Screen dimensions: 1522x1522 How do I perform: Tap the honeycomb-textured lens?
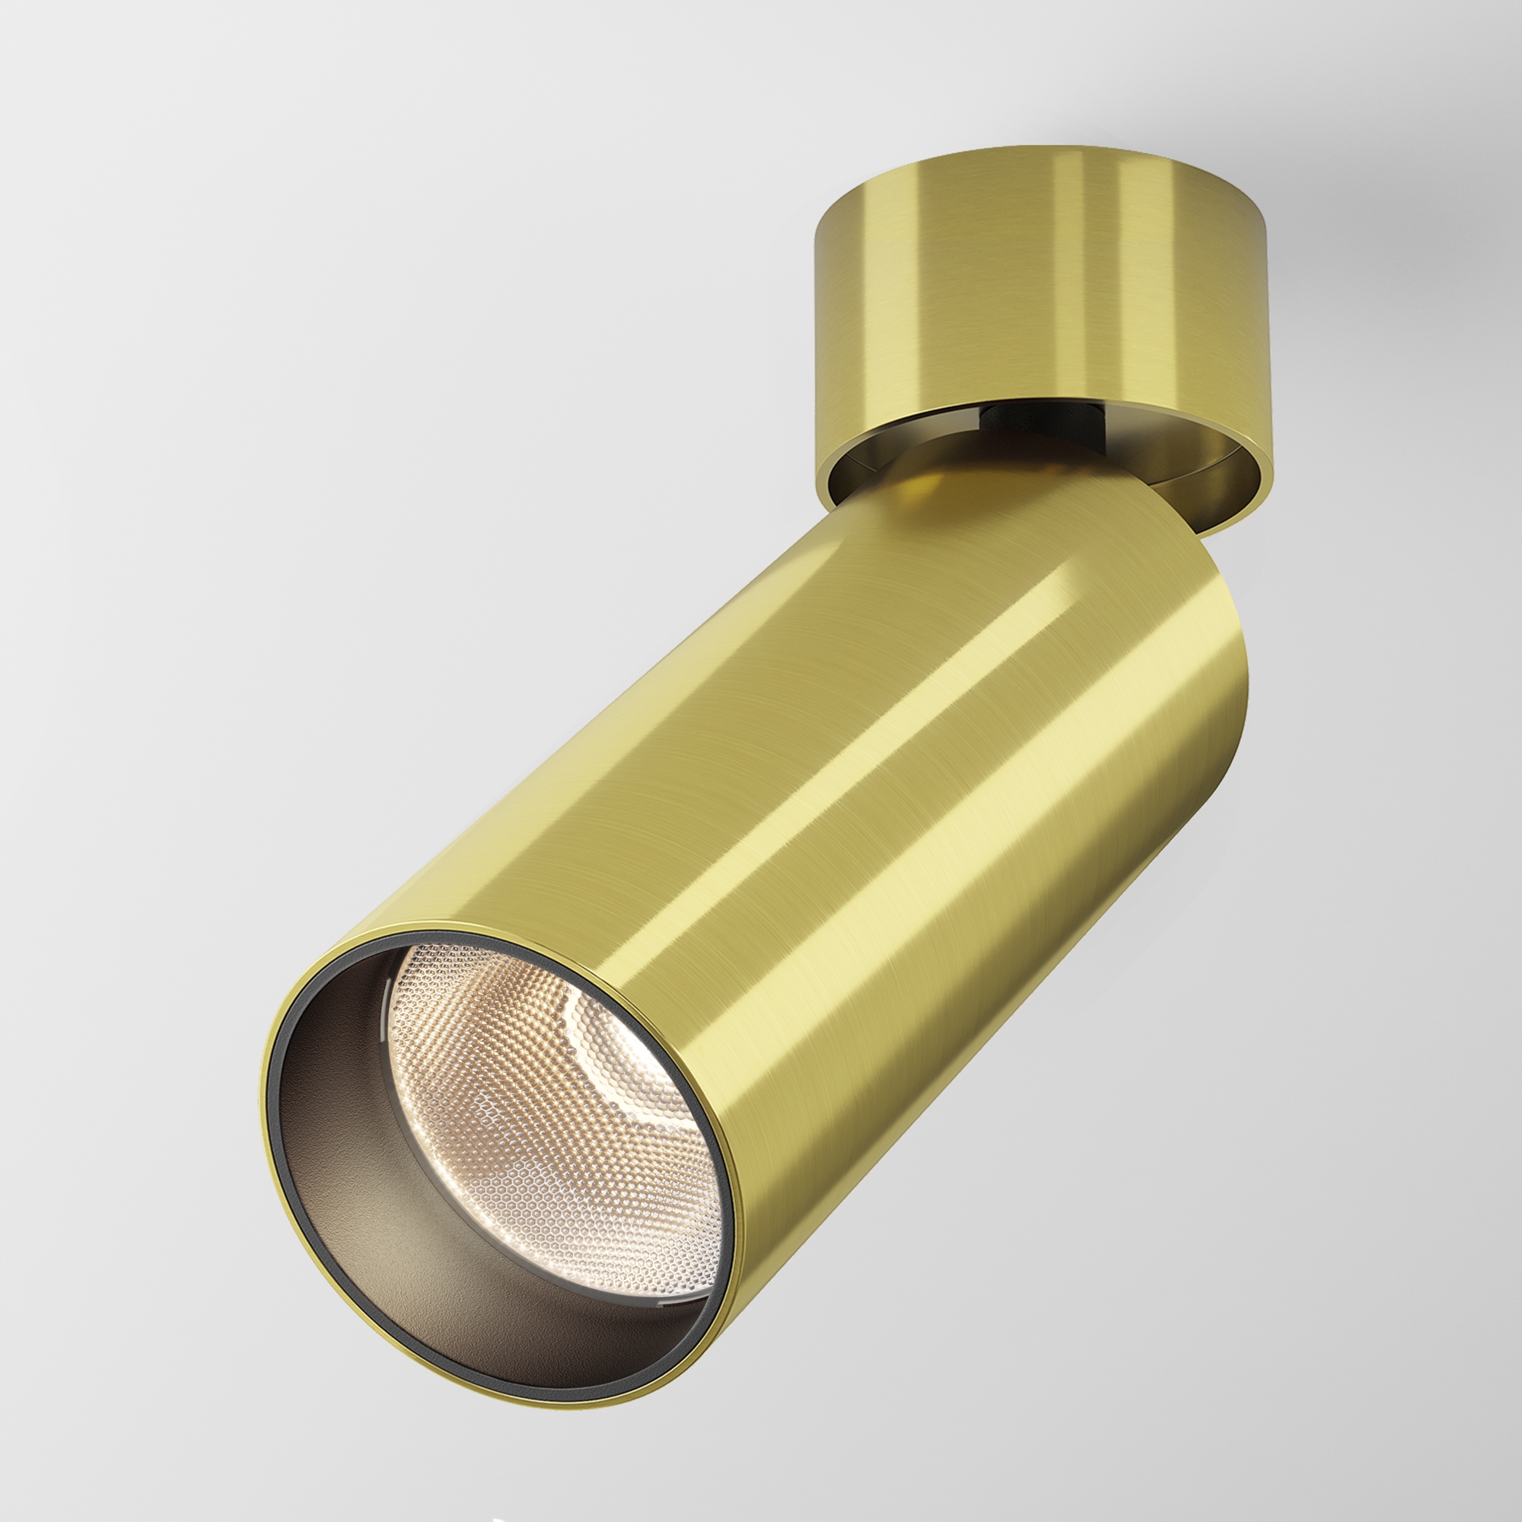pos(552,1103)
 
